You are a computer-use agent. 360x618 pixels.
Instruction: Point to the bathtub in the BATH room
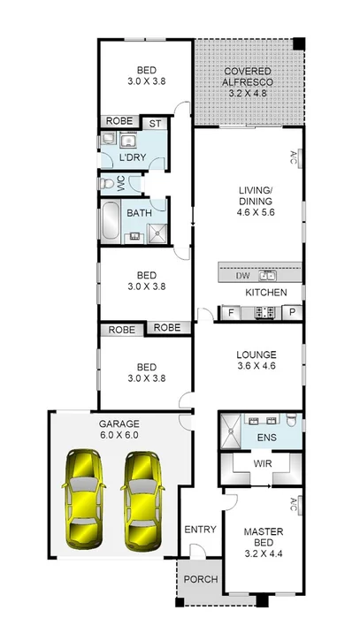pos(111,221)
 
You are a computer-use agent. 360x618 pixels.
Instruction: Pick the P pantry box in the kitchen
pos(292,312)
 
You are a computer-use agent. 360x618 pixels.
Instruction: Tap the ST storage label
pos(154,123)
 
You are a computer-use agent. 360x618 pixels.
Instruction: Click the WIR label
pos(262,463)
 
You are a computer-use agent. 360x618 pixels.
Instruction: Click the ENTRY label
pos(200,530)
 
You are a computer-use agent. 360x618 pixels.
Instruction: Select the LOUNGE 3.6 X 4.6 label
pos(257,362)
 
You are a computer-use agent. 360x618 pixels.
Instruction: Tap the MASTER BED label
pos(262,540)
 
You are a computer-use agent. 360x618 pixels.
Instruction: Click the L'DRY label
pos(133,157)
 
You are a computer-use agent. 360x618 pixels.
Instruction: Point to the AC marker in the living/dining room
pos(294,157)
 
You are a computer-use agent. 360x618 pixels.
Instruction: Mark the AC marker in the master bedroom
pos(294,506)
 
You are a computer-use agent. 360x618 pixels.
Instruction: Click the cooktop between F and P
pos(264,312)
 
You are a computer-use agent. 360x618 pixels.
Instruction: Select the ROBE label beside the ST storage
pos(119,123)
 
